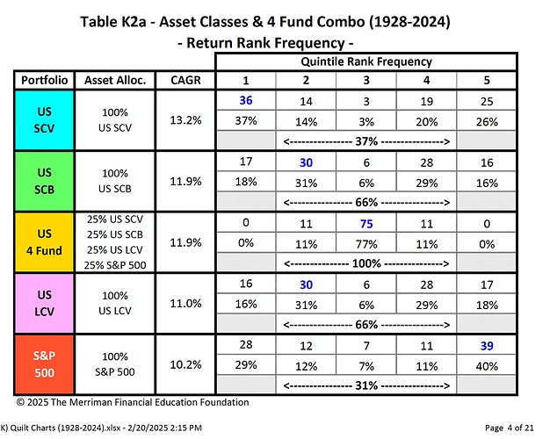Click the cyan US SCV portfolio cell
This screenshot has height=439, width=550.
(45, 120)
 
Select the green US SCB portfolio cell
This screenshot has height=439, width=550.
(45, 181)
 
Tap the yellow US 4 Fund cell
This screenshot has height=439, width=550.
(45, 242)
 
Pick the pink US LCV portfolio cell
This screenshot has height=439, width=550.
(45, 303)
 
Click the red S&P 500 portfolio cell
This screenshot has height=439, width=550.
(45, 364)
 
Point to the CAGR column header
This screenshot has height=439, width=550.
(185, 80)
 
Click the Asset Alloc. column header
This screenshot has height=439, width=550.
(115, 80)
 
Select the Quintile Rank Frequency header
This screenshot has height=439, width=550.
(366, 61)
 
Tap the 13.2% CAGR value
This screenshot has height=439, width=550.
(185, 120)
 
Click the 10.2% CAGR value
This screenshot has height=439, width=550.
(185, 364)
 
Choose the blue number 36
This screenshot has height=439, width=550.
(246, 100)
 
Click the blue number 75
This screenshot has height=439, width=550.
(366, 224)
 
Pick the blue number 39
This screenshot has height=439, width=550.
(487, 346)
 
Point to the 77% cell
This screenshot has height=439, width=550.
(366, 244)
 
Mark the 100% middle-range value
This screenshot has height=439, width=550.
(366, 263)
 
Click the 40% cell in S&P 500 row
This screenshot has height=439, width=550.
(487, 366)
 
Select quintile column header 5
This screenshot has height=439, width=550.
(487, 80)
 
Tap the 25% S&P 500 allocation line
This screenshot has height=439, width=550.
(115, 265)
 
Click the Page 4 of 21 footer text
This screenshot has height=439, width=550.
(510, 428)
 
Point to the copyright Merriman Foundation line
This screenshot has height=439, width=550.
(133, 402)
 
